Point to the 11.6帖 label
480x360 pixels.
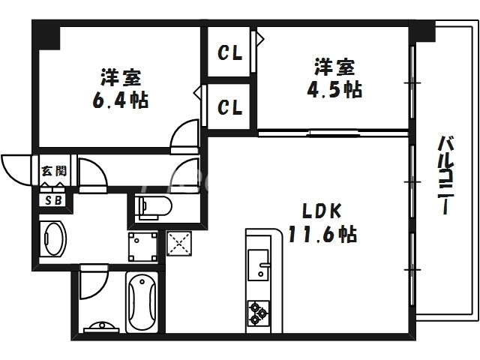[x=322, y=235]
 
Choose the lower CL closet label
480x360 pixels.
[x=230, y=107]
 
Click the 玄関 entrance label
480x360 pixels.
[x=53, y=171]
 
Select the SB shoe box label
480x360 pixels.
[x=53, y=200]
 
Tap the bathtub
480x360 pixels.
[x=141, y=303]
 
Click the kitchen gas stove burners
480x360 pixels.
[x=259, y=312]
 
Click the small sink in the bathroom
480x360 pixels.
[x=99, y=327]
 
